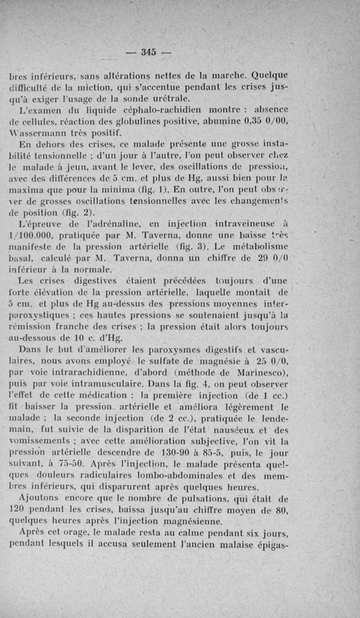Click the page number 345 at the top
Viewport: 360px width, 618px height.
click(148, 52)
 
